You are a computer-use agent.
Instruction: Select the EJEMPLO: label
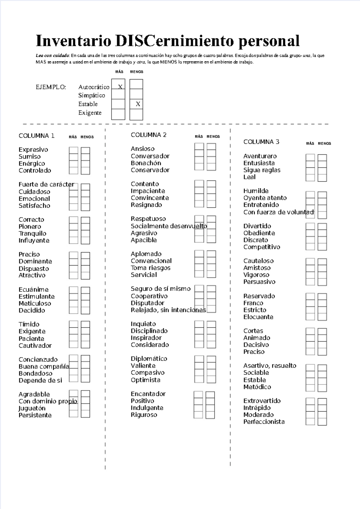(x=51, y=87)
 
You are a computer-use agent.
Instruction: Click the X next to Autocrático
(x=120, y=87)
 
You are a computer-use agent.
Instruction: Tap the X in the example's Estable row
(x=138, y=104)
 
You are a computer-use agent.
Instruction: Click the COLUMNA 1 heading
(x=36, y=136)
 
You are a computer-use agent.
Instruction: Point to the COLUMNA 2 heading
(x=148, y=135)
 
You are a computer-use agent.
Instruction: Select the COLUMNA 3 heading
(x=261, y=142)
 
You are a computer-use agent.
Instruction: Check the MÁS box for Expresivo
(x=73, y=150)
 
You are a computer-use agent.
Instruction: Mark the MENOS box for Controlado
(x=85, y=171)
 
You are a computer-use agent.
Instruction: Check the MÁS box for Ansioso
(x=199, y=146)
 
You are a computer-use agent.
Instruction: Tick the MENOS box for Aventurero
(x=322, y=157)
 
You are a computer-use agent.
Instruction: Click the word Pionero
(x=30, y=226)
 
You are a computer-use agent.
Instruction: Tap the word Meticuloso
(x=35, y=303)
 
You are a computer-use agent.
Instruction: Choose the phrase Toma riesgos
(x=150, y=268)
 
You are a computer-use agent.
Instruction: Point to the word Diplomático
(x=149, y=359)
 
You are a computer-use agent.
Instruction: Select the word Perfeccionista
(x=264, y=422)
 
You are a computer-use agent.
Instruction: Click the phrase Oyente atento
(x=265, y=198)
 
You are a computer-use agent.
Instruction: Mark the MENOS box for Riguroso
(x=210, y=415)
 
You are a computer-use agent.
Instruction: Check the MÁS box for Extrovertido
(x=310, y=402)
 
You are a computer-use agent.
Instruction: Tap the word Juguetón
(x=32, y=408)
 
